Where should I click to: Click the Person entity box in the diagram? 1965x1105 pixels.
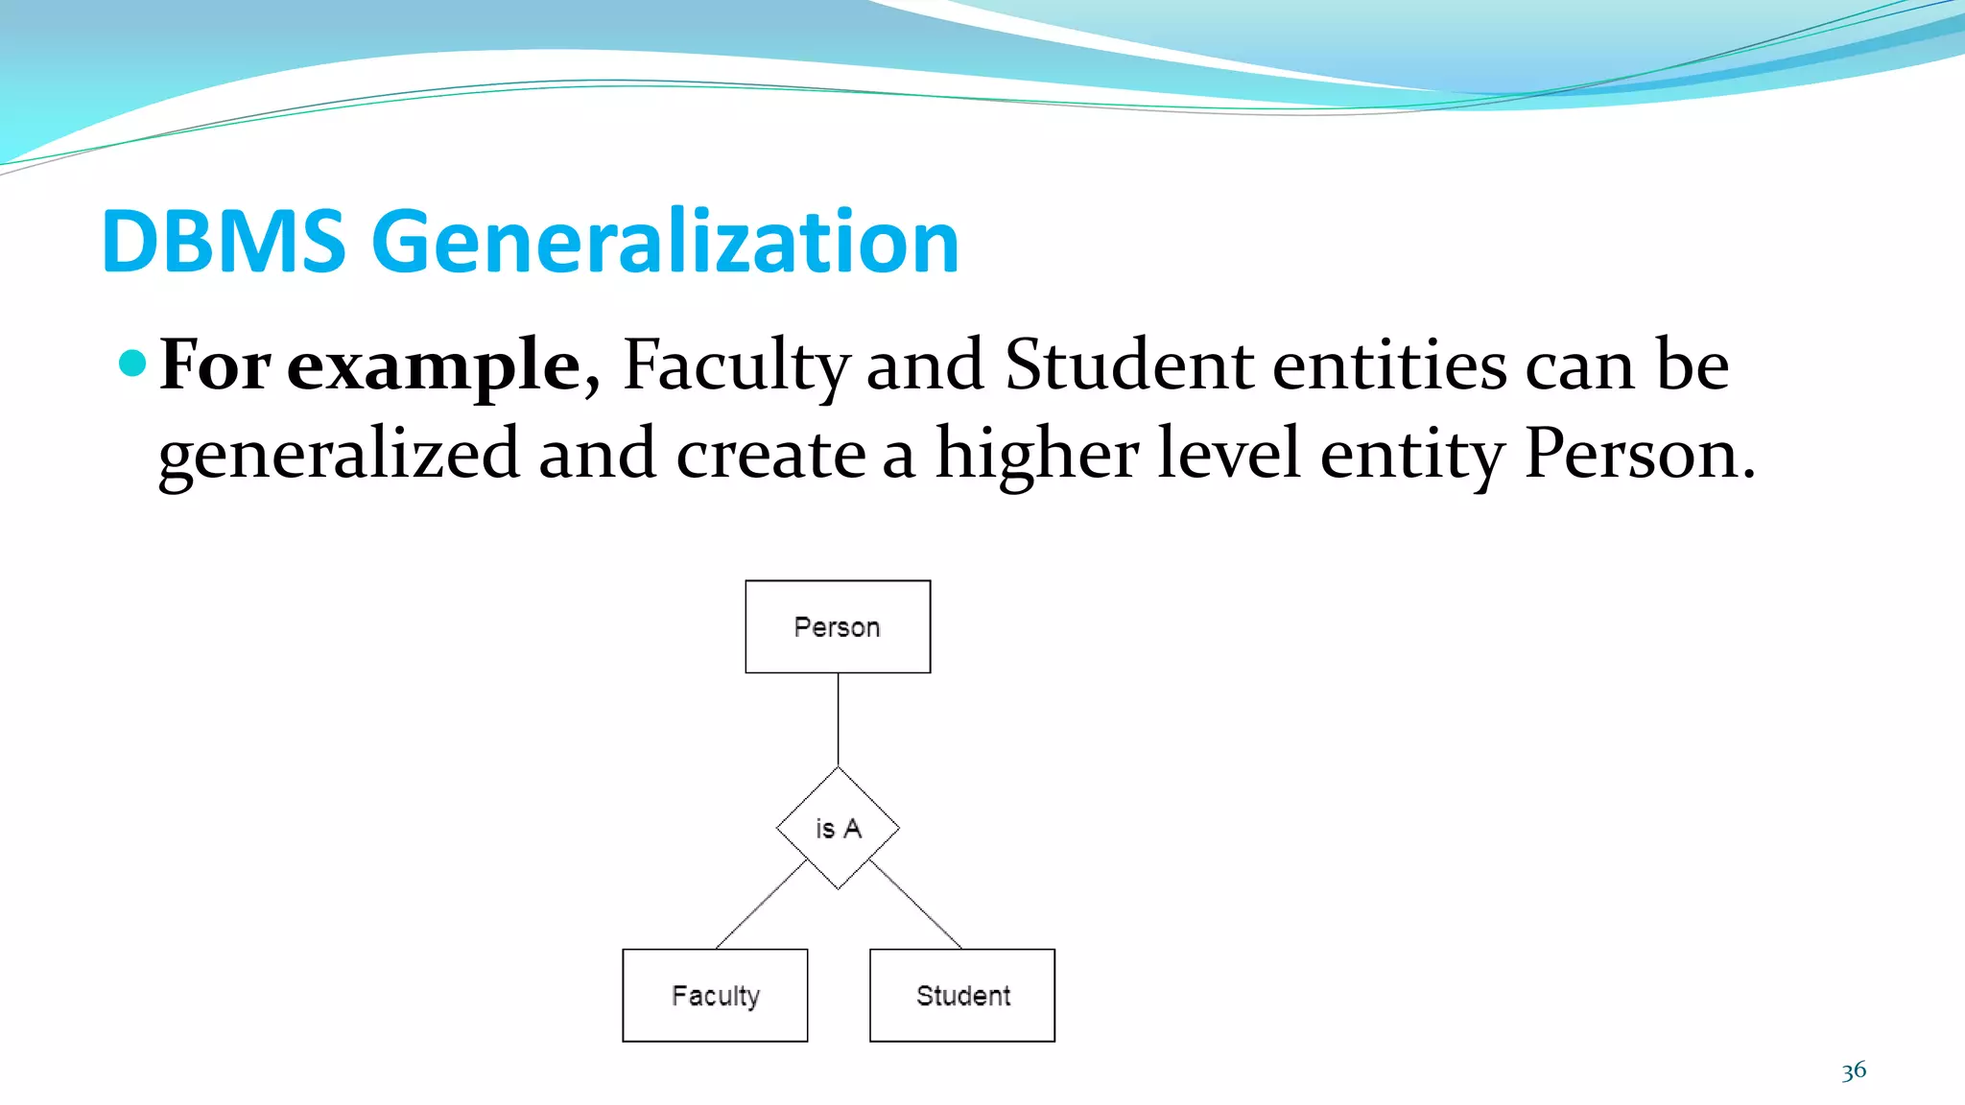838,626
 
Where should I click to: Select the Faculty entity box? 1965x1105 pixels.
715,995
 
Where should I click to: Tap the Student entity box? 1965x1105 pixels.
962,995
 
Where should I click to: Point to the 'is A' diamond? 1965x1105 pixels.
838,828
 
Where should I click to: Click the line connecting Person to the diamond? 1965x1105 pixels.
838,719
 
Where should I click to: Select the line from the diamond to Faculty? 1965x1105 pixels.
761,904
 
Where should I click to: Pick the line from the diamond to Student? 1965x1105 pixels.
915,904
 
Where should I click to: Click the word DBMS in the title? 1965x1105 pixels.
223,242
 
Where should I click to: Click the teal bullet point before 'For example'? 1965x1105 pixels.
132,363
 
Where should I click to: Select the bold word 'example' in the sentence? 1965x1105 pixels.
435,366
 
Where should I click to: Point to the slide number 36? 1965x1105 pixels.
1854,1070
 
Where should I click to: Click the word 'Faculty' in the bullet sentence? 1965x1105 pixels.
736,366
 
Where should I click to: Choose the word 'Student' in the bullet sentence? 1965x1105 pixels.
1128,364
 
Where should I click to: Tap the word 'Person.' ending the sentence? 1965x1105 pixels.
1639,453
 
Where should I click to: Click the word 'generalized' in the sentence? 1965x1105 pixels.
339,455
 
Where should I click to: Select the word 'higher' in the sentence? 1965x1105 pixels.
1037,455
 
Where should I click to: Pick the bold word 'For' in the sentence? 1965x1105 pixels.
215,364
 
